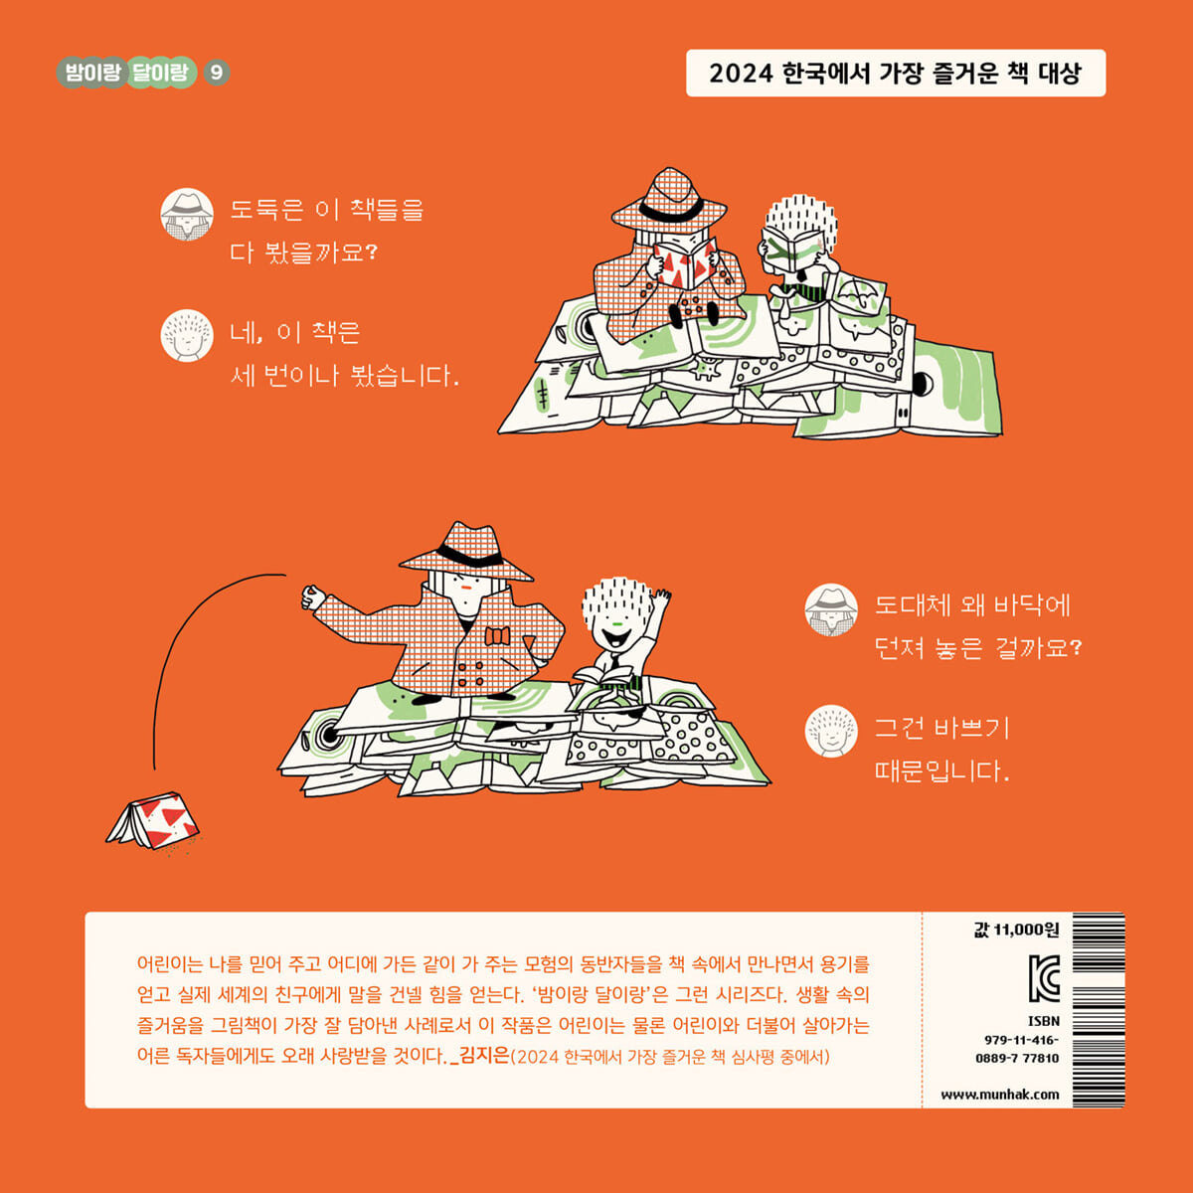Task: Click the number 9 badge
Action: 216,73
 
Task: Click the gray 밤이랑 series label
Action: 92,73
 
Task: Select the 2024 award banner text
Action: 895,73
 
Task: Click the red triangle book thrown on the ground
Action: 153,820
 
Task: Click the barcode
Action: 1099,1010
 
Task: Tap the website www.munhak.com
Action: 1000,1095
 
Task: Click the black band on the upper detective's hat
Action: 670,211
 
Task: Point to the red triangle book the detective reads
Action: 686,265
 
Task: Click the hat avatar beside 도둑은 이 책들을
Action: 187,214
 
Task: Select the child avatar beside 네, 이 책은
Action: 187,336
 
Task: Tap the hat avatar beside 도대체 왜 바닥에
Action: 831,609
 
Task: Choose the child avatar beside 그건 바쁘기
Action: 831,731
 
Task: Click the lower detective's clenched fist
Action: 313,597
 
